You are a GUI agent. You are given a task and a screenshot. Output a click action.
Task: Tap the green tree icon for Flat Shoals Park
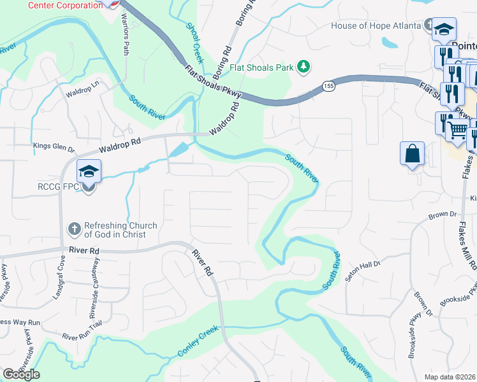coord(305,66)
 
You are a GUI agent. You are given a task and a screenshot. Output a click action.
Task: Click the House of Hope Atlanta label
coord(376,26)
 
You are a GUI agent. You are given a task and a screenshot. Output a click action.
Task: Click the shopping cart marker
coord(457,131)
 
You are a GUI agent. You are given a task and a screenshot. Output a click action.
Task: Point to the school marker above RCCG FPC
coord(89,171)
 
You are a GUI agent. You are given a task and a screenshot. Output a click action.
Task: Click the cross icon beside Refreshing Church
coord(75,229)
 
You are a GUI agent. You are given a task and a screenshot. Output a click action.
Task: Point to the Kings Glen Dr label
coord(54,150)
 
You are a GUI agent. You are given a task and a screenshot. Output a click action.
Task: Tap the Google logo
coord(21,374)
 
